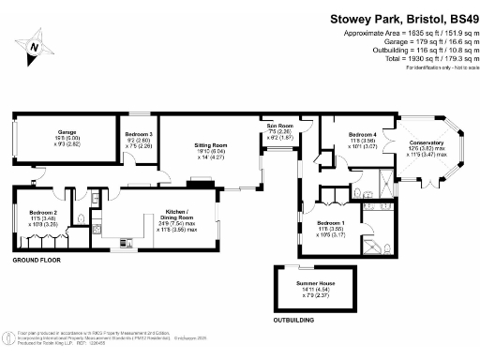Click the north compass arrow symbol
coord(35,45)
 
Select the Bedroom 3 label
coord(139,135)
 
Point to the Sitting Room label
coord(211,146)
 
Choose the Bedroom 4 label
coord(362,135)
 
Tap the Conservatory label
coord(427,142)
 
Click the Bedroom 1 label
coord(331,223)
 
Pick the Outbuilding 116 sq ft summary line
coord(418,50)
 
